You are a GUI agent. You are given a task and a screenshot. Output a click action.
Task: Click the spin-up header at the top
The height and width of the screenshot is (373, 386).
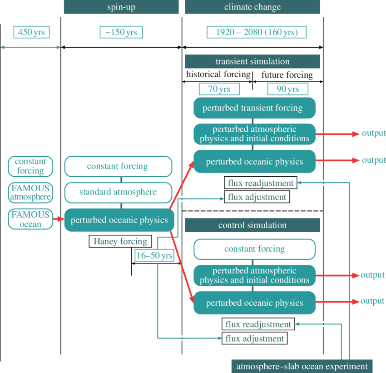[121, 7]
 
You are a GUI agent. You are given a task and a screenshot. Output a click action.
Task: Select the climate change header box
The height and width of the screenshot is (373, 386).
[252, 7]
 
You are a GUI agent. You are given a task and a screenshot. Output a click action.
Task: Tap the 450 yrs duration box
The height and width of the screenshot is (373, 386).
[31, 32]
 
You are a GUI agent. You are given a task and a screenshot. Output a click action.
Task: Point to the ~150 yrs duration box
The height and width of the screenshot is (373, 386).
[121, 32]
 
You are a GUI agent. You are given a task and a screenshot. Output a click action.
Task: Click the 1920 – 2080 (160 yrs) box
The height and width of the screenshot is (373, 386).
[257, 32]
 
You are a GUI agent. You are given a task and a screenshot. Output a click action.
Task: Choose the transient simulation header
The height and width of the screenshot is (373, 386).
[252, 62]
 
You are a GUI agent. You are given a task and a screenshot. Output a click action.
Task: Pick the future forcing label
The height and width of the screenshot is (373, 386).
[287, 75]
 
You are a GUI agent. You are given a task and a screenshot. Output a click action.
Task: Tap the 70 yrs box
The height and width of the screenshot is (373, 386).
[219, 89]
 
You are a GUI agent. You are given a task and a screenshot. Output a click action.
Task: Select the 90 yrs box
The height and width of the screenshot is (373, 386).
[288, 89]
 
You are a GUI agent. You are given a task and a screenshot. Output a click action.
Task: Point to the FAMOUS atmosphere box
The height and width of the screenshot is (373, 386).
[30, 193]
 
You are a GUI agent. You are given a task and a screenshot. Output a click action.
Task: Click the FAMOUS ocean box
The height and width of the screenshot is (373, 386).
[30, 219]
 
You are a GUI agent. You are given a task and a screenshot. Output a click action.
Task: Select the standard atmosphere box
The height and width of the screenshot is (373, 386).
[118, 192]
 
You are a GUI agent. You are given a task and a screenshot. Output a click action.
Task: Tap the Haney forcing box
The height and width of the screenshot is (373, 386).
[120, 241]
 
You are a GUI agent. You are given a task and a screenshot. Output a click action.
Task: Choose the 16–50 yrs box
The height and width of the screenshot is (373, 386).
[155, 256]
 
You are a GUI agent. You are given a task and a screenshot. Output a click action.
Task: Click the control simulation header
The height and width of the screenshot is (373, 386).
[252, 225]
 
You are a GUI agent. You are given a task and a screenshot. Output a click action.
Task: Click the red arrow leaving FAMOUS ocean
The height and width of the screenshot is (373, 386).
[59, 219]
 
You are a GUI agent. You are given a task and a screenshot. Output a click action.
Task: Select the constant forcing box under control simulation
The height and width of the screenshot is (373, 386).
[254, 249]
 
